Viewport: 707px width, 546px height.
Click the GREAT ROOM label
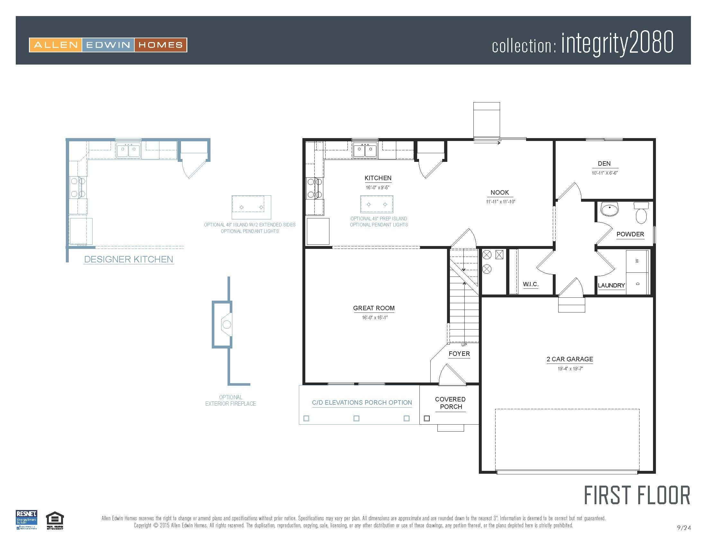click(x=373, y=308)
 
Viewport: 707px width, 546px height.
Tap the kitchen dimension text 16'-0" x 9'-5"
click(x=378, y=187)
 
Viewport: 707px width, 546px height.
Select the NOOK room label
click(x=499, y=192)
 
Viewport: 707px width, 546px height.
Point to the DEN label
click(x=604, y=164)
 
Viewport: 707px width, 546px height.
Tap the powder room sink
click(x=610, y=209)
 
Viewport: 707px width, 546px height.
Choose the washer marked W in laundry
click(x=637, y=261)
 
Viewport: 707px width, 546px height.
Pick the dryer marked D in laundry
click(x=637, y=284)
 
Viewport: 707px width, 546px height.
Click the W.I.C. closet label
click(x=531, y=284)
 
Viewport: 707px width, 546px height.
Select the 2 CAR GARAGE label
click(x=570, y=359)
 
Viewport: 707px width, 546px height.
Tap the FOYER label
click(x=459, y=354)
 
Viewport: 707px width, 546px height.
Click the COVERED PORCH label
click(x=450, y=403)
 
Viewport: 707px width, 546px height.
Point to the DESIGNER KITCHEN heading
click(x=129, y=260)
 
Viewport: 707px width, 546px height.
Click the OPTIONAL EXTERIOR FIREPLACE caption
click(x=230, y=401)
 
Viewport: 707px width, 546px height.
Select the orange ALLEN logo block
click(x=56, y=45)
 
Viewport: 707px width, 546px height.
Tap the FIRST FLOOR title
click(x=637, y=495)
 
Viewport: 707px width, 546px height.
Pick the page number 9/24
click(x=684, y=528)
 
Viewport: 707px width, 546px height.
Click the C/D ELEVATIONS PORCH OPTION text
click(x=362, y=403)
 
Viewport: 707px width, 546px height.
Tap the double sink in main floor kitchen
click(x=365, y=150)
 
